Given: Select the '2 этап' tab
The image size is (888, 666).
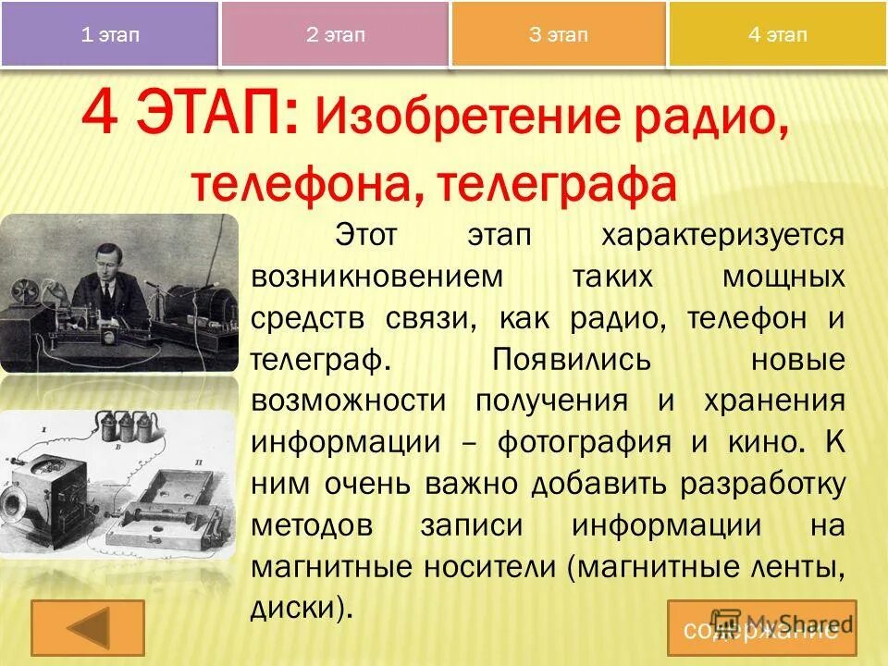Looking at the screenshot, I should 336,35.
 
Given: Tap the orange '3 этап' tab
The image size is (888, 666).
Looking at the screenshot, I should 558,35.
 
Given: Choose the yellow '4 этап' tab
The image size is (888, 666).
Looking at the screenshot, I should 777,35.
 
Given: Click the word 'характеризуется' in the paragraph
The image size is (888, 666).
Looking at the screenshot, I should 722,235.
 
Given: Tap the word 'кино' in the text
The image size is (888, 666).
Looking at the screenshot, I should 758,442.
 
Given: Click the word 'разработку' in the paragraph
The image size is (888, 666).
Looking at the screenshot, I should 753,484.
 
